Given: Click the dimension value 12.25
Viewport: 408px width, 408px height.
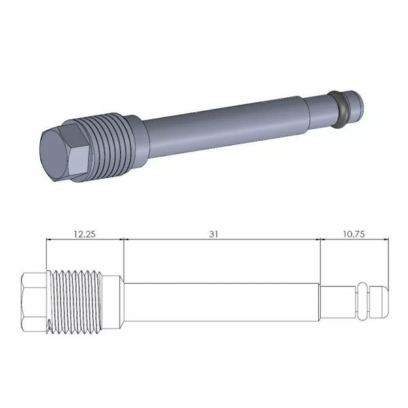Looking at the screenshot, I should [84, 233].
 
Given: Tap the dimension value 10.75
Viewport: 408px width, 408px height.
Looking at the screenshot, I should [354, 233].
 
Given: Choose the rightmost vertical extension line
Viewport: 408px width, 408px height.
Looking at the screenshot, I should [388, 258].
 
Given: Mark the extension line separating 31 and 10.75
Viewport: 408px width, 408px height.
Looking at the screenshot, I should [320, 258].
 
